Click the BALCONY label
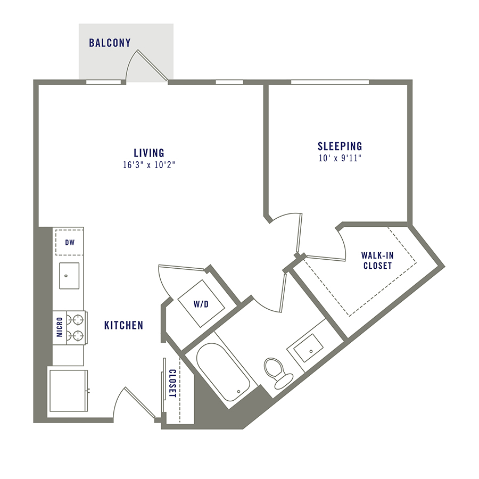click(x=110, y=43)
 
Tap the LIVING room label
click(x=148, y=153)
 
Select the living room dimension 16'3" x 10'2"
click(x=148, y=165)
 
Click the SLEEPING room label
click(x=340, y=146)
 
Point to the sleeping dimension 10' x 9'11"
click(x=340, y=158)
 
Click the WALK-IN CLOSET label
click(x=377, y=261)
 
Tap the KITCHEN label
click(x=123, y=325)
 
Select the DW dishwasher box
click(x=69, y=242)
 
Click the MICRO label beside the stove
click(x=59, y=327)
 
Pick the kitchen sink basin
click(x=69, y=275)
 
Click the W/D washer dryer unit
click(x=201, y=304)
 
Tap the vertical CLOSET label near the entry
click(x=172, y=383)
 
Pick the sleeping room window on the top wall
click(x=329, y=82)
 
